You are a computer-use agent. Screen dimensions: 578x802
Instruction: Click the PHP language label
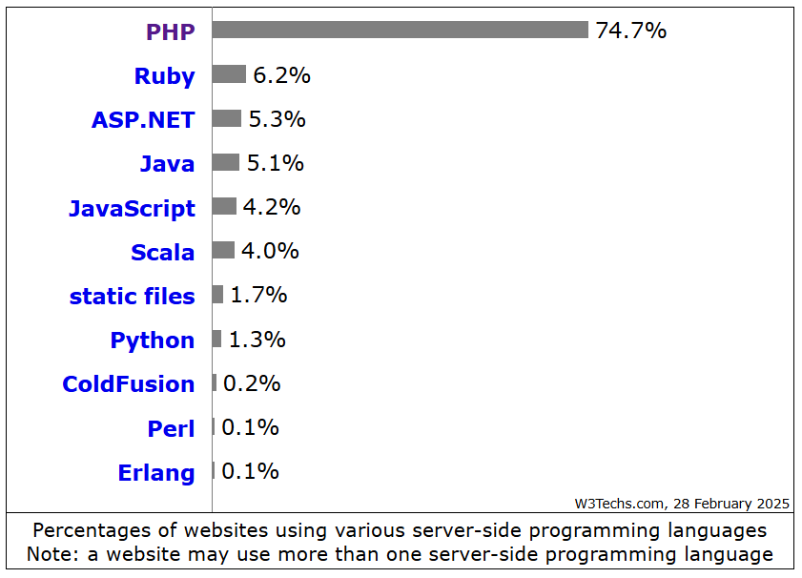point(170,32)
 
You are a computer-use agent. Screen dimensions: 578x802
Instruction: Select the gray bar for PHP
point(400,31)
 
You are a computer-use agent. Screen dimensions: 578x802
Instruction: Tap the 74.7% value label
point(630,31)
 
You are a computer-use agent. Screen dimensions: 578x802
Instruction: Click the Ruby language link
point(164,76)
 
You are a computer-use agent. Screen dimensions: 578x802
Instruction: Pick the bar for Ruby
point(229,74)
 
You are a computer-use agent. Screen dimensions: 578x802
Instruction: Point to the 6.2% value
point(281,75)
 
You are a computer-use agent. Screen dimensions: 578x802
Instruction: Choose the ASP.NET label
point(143,120)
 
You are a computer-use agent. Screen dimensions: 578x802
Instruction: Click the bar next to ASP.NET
point(227,118)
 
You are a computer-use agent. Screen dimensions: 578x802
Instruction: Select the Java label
point(167,164)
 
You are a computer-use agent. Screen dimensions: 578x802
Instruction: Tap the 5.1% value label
point(275,163)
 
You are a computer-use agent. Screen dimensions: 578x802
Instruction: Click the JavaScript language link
point(132,208)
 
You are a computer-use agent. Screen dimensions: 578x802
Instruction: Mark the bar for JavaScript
point(224,206)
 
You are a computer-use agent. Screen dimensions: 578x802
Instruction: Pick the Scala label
point(162,253)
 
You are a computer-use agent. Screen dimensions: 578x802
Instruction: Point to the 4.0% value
point(270,251)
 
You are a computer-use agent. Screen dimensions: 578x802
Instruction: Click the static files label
point(132,297)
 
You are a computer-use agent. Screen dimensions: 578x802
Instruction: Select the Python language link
point(152,341)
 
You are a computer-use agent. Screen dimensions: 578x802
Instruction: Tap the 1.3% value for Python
point(257,340)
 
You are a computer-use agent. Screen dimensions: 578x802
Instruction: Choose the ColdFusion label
point(128,384)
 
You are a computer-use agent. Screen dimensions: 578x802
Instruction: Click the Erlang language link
point(155,473)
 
